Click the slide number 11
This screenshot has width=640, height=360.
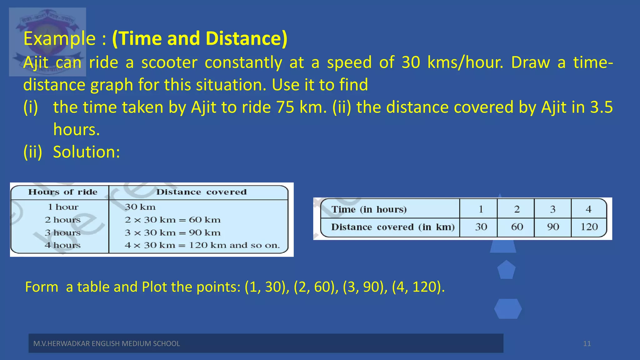point(587,344)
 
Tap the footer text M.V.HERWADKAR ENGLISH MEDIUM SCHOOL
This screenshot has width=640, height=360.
point(107,344)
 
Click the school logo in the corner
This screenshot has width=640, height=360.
point(47,42)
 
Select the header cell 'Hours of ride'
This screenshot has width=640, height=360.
point(63,192)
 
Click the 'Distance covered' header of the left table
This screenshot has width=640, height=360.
point(201,192)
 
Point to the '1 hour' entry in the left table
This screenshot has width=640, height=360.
point(63,207)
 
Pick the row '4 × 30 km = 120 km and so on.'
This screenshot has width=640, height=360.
point(202,245)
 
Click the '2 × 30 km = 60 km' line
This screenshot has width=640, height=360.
point(172,220)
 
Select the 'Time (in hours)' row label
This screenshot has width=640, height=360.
point(369,209)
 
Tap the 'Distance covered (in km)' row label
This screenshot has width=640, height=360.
point(393,227)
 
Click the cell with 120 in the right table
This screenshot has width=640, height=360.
point(589,227)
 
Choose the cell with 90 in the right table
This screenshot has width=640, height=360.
point(553,227)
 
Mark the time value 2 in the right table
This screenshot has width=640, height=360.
point(517,209)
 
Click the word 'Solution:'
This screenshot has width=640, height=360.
point(87,152)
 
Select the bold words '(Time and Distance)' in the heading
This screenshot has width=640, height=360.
point(199,38)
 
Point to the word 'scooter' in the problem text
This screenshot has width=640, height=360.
point(169,62)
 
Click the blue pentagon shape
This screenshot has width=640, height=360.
point(506,270)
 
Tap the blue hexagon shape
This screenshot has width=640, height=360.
point(508,309)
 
